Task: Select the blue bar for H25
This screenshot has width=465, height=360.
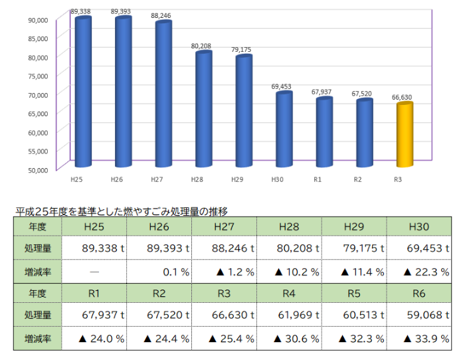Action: point(83,93)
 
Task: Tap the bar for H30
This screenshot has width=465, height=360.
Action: point(284,130)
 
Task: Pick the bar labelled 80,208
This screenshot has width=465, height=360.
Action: point(203,110)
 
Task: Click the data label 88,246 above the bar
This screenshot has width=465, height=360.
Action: point(163,15)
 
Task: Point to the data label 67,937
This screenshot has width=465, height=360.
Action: point(324,92)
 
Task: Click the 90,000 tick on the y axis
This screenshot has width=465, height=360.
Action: point(38,19)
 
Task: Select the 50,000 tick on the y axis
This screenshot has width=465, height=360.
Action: point(38,169)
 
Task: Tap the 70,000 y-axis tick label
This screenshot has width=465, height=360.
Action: point(38,94)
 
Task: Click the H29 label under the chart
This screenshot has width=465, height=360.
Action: point(236,179)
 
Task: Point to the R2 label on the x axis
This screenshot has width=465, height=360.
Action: point(357,179)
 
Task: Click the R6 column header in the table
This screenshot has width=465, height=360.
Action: point(419,294)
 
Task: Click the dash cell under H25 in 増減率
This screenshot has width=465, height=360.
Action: point(95,272)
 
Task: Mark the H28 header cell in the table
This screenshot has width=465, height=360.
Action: point(289,226)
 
